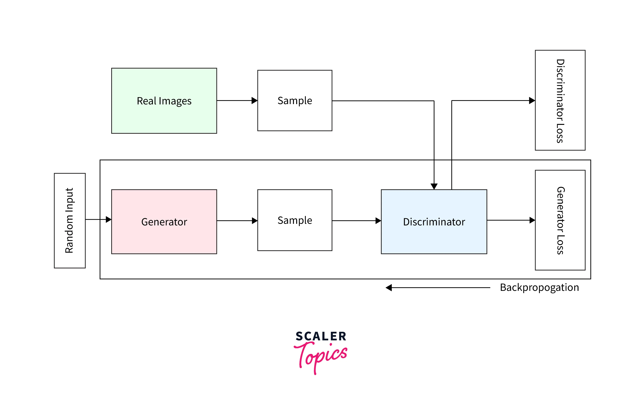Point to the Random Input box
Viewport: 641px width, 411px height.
coord(70,220)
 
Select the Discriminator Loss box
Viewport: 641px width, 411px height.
coord(560,100)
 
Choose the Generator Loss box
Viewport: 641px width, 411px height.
coord(560,220)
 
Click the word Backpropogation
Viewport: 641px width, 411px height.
coord(539,287)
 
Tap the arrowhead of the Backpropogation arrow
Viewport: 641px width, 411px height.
coord(389,288)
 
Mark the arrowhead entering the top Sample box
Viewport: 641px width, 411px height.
coord(255,101)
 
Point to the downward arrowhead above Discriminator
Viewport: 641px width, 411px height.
coord(434,186)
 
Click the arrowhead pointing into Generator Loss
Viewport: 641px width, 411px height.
coord(532,220)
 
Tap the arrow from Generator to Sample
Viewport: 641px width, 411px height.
coord(235,221)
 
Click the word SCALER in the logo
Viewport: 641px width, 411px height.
coord(321,336)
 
